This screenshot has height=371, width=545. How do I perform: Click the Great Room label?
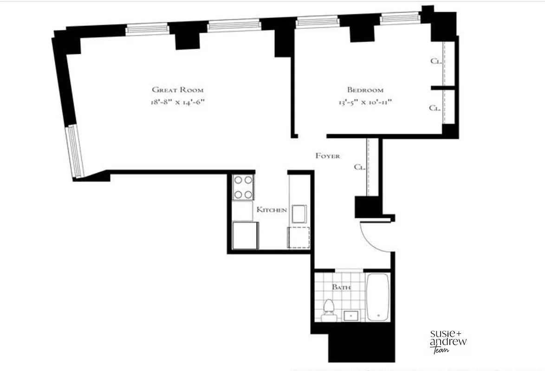click(178, 90)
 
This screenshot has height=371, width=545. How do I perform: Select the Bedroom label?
click(365, 90)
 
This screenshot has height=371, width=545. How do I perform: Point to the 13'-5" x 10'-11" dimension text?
click(365, 102)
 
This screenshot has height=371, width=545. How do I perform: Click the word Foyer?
click(328, 156)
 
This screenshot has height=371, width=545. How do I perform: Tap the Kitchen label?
click(272, 210)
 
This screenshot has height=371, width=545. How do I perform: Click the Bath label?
click(341, 287)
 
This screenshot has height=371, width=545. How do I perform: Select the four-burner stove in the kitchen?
click(243, 187)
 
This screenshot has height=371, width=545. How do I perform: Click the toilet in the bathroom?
click(329, 310)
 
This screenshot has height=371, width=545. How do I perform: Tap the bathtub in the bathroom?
click(378, 297)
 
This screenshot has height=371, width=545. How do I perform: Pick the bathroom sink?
click(351, 315)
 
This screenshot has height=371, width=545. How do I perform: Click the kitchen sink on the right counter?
click(298, 214)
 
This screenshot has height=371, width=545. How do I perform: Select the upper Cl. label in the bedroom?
click(435, 61)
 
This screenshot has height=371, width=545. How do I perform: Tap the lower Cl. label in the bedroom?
click(435, 108)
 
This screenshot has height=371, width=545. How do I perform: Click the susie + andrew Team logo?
click(448, 341)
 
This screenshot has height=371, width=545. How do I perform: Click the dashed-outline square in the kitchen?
click(298, 237)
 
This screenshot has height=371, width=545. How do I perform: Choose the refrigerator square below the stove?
click(246, 236)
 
